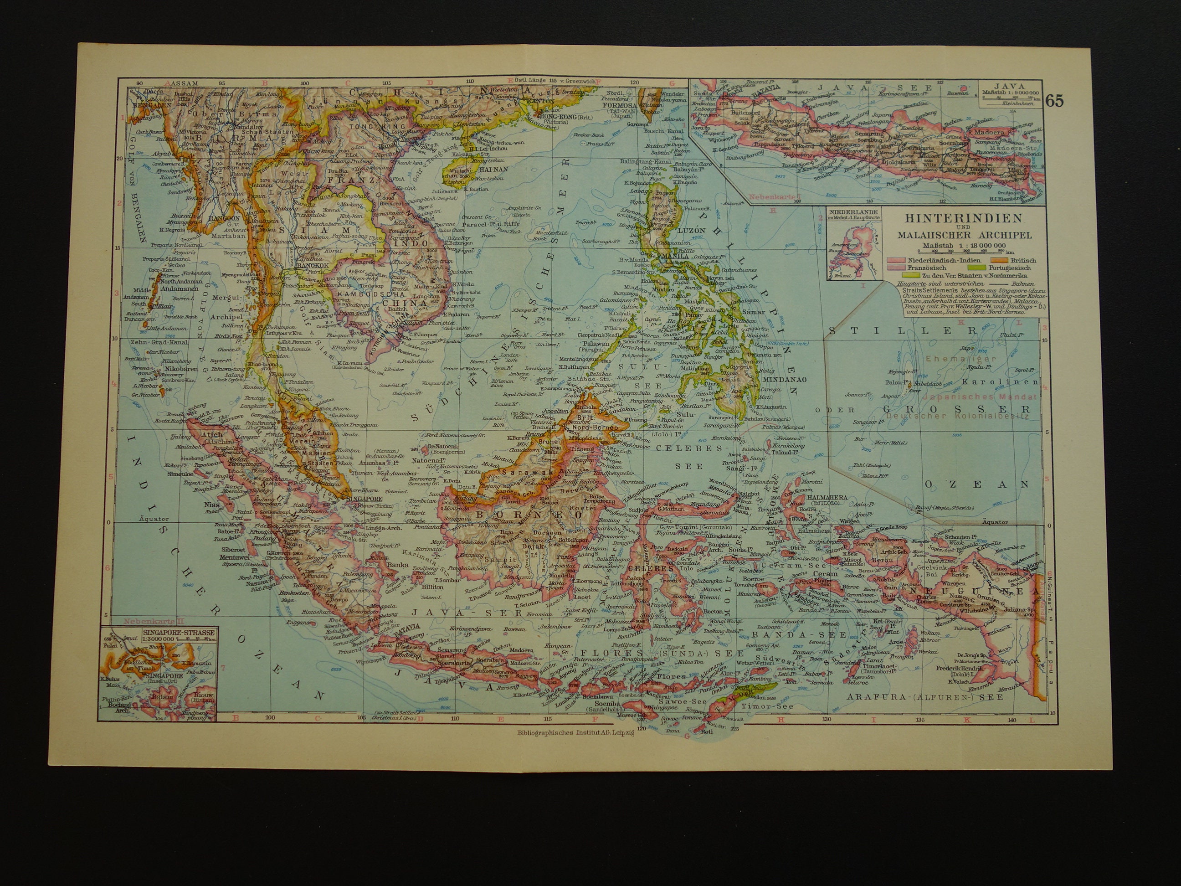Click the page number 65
tap(1055, 101)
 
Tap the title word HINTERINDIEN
tap(933, 218)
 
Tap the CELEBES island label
tap(642, 568)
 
